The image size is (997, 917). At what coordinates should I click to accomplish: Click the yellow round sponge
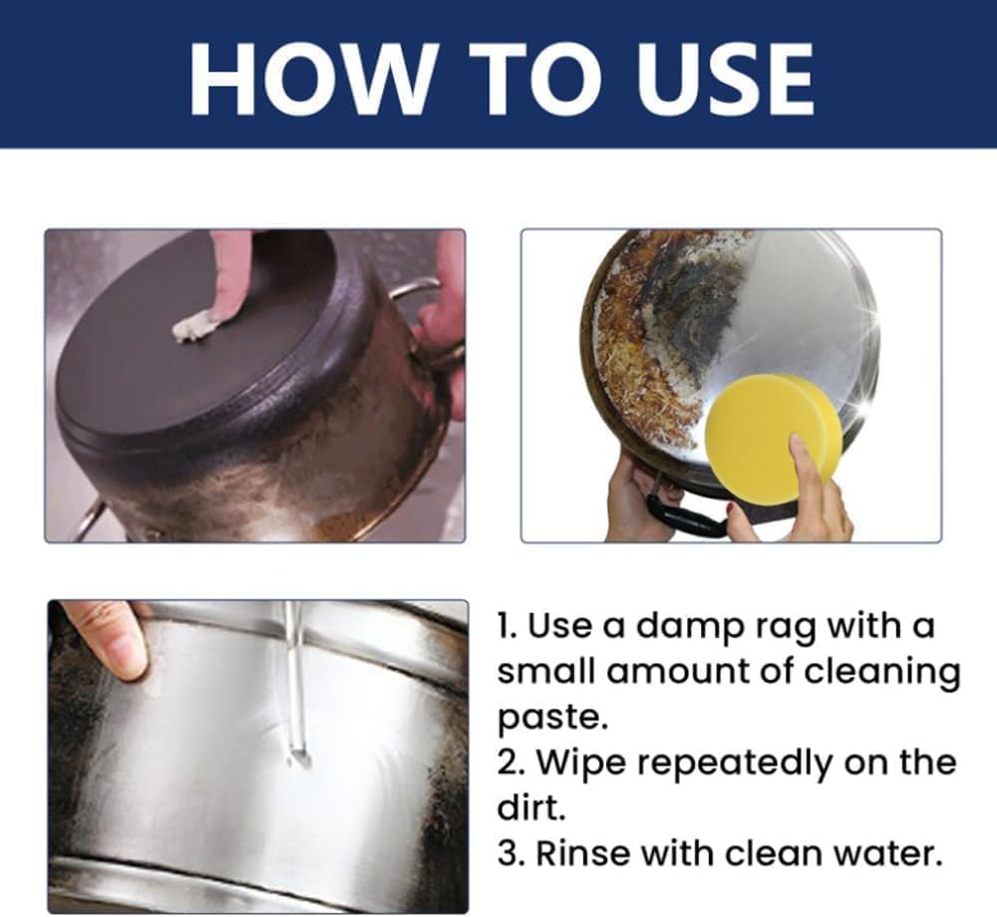point(775,429)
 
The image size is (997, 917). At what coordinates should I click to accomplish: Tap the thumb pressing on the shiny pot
point(112,642)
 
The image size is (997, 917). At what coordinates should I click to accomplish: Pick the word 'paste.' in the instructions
point(551,718)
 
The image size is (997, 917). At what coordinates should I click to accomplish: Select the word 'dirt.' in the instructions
point(531,807)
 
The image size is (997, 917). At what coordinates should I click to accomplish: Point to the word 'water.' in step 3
point(887,853)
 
